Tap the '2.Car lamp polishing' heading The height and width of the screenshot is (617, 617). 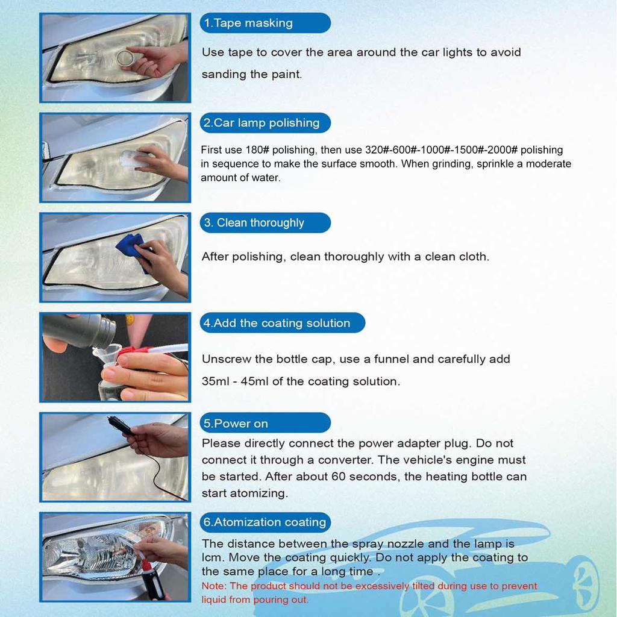tap(261, 124)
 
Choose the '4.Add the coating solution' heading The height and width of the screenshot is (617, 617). tap(277, 323)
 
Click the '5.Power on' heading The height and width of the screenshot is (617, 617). tap(236, 424)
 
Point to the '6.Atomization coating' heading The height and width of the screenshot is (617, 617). tap(265, 522)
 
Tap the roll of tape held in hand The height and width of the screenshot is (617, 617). tap(126, 58)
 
